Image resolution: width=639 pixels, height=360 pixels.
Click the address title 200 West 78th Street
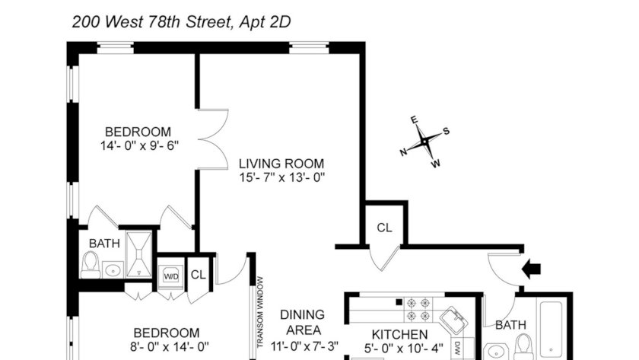151,21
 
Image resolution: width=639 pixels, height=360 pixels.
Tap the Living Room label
281,164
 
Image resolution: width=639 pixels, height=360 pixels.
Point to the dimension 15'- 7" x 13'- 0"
282,178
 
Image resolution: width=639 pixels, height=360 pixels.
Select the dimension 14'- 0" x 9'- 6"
140,145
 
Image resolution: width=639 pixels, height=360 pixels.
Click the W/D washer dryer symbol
171,277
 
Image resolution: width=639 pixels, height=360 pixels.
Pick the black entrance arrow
531,269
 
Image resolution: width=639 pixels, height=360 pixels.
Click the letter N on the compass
403,152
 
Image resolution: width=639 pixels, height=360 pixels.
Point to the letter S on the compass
447,131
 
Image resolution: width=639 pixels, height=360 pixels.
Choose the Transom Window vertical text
260,312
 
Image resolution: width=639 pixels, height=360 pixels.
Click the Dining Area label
303,322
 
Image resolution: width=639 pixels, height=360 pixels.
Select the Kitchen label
400,334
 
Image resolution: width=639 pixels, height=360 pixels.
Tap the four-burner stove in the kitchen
418,309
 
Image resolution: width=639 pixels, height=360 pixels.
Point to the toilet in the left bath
90,265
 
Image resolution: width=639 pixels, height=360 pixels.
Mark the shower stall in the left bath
139,254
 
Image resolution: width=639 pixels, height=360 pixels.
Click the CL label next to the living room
384,228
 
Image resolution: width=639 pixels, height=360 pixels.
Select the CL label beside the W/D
199,275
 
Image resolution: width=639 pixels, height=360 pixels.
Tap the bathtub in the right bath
551,330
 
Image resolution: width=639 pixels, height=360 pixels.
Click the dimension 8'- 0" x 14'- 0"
169,347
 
